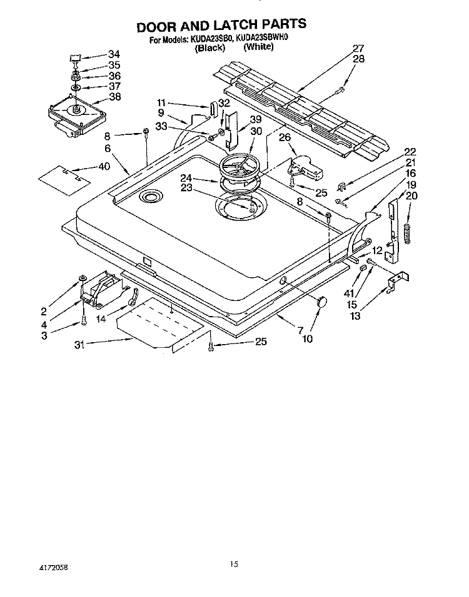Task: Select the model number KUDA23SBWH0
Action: point(262,39)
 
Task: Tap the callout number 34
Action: point(114,54)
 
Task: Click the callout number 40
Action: point(104,166)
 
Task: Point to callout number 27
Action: point(358,49)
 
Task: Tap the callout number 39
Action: point(255,120)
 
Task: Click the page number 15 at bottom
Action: point(233,564)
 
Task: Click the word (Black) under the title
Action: point(209,47)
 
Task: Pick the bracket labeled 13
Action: point(395,280)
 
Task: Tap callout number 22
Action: point(410,152)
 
